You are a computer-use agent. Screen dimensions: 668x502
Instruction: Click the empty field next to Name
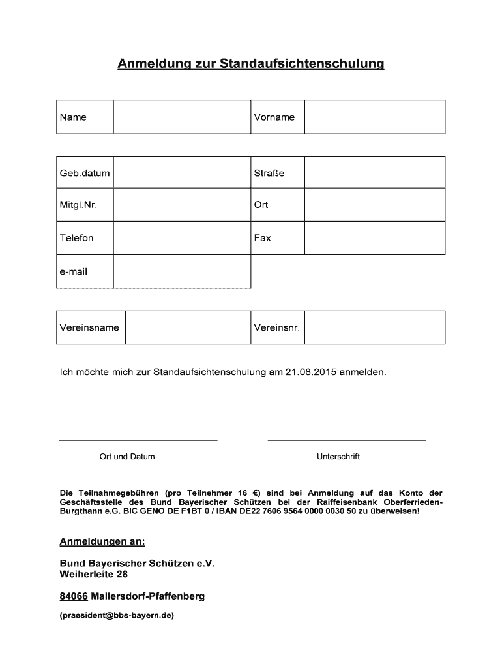click(x=182, y=117)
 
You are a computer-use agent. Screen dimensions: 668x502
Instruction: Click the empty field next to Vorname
click(x=374, y=117)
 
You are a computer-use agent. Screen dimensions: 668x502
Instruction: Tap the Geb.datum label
click(x=85, y=174)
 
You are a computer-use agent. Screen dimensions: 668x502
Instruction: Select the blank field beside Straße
click(x=374, y=173)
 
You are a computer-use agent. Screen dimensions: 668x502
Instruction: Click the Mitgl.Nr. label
click(x=78, y=205)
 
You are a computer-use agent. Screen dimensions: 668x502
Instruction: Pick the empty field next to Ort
click(x=374, y=205)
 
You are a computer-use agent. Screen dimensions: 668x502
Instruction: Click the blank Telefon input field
click(x=182, y=238)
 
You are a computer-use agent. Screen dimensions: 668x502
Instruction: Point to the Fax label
click(x=263, y=238)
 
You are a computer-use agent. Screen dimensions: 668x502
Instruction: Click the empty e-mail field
click(x=182, y=271)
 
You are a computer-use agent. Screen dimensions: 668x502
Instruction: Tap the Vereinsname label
click(x=89, y=327)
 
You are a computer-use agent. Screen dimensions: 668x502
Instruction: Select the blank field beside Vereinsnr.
click(x=374, y=327)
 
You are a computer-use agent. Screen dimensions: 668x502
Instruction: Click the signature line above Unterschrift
click(x=346, y=440)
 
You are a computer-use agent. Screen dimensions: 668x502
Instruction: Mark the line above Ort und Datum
click(x=138, y=440)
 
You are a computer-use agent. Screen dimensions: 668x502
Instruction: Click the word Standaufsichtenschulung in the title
click(x=302, y=64)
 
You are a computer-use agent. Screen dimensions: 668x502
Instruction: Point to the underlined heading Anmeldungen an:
click(x=102, y=542)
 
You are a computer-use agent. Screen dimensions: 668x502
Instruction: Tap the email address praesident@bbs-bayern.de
click(x=117, y=615)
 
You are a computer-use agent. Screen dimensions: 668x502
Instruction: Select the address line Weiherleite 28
click(x=93, y=575)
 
